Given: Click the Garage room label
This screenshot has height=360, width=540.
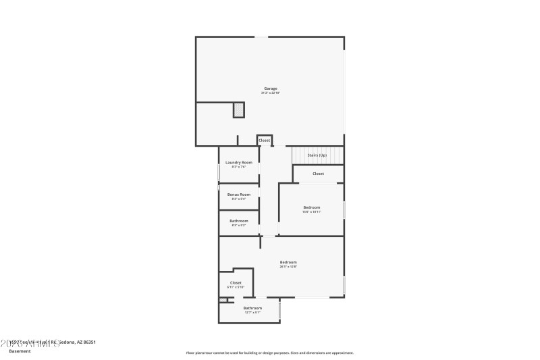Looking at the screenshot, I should [x=271, y=88].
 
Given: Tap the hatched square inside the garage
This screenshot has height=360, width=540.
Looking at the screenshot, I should [x=239, y=109].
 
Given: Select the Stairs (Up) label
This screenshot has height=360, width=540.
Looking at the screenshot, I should [x=317, y=155].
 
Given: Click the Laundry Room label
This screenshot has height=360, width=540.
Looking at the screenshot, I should [x=239, y=162].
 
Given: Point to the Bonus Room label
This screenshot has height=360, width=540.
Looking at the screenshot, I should [x=239, y=195].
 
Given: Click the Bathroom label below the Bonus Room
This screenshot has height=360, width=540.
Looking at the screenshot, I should [x=239, y=221].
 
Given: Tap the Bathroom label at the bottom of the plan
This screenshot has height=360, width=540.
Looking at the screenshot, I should [x=252, y=308].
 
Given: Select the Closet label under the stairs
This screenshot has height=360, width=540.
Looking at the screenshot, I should [x=318, y=174].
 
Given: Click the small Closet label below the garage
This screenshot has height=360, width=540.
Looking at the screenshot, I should [x=264, y=140].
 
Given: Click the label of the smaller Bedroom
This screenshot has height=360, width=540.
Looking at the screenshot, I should [x=311, y=207].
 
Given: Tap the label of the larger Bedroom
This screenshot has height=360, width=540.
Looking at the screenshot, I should [x=288, y=262].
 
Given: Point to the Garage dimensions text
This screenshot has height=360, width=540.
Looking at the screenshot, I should [x=271, y=93].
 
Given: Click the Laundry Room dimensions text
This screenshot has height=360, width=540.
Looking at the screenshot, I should [x=239, y=167].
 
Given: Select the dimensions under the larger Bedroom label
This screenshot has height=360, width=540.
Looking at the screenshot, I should [x=288, y=267].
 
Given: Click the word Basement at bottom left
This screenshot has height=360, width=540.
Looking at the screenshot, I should [x=20, y=351].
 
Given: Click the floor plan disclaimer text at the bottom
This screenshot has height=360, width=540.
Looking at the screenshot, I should [x=269, y=353].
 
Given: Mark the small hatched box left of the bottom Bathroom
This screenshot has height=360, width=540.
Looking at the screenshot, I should [x=223, y=300].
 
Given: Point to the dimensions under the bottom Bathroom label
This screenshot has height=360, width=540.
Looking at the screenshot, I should [x=252, y=313].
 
